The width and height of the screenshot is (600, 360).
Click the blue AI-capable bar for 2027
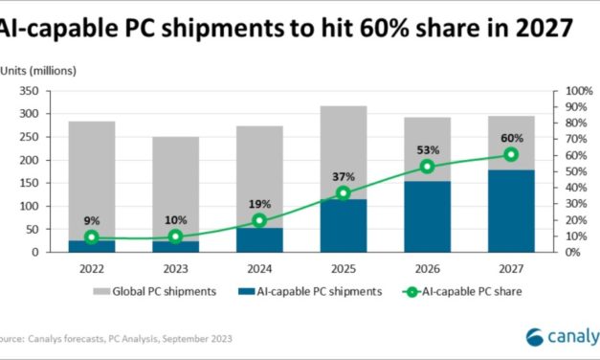(x=511, y=212)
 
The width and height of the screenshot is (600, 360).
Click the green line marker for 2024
(x=259, y=220)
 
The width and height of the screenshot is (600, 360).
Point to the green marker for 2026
(x=428, y=167)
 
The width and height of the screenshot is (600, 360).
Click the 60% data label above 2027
(x=511, y=138)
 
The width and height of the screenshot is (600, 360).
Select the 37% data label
(x=344, y=176)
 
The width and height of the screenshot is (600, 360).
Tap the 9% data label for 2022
(x=92, y=219)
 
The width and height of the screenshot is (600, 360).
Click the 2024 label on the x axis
(x=259, y=269)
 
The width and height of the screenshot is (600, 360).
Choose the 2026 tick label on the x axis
(x=428, y=269)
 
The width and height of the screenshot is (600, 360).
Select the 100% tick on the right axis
(x=580, y=91)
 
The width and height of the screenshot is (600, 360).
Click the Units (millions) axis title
(x=38, y=71)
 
